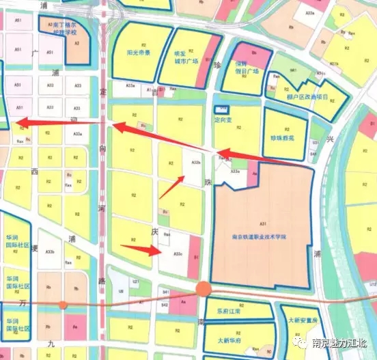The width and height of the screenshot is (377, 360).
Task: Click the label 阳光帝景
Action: (x=139, y=52)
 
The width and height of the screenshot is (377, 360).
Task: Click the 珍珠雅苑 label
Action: (x=281, y=137)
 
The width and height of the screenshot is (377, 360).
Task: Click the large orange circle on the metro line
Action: (x=203, y=289)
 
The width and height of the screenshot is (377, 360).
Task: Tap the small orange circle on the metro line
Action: (x=63, y=305)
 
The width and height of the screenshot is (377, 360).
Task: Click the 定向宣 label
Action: (x=223, y=119)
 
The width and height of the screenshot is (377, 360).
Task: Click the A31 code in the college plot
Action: (x=262, y=223)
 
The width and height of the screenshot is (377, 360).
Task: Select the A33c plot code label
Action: (x=178, y=253)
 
